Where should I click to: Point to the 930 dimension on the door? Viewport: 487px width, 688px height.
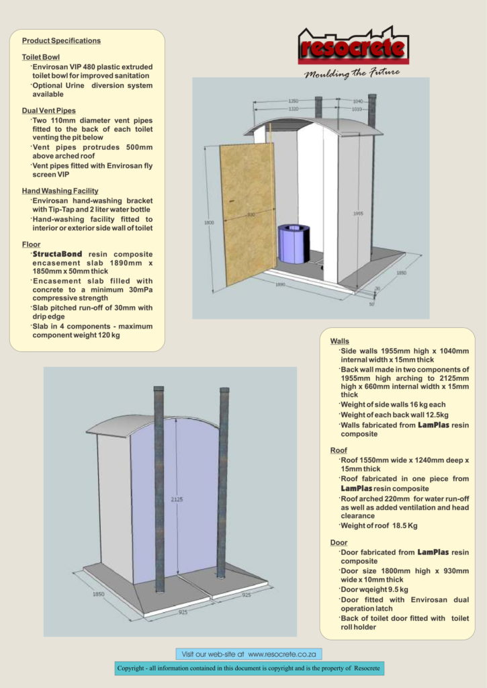tap(250, 214)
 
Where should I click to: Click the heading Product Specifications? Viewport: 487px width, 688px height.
tap(61, 41)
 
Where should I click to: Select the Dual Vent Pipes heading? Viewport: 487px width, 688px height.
tap(49, 110)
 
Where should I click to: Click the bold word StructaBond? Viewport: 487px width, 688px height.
tap(58, 254)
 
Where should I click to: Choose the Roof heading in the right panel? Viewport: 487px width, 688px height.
tap(339, 450)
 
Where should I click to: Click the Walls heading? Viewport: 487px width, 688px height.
tap(339, 342)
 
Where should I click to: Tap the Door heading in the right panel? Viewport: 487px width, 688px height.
tap(339, 542)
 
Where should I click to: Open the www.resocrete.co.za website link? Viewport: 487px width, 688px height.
tap(283, 653)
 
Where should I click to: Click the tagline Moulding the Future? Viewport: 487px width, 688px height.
tap(351, 73)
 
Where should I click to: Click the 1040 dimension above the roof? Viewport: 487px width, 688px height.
tap(357, 101)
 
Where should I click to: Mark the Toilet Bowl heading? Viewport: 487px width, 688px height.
tap(41, 58)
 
